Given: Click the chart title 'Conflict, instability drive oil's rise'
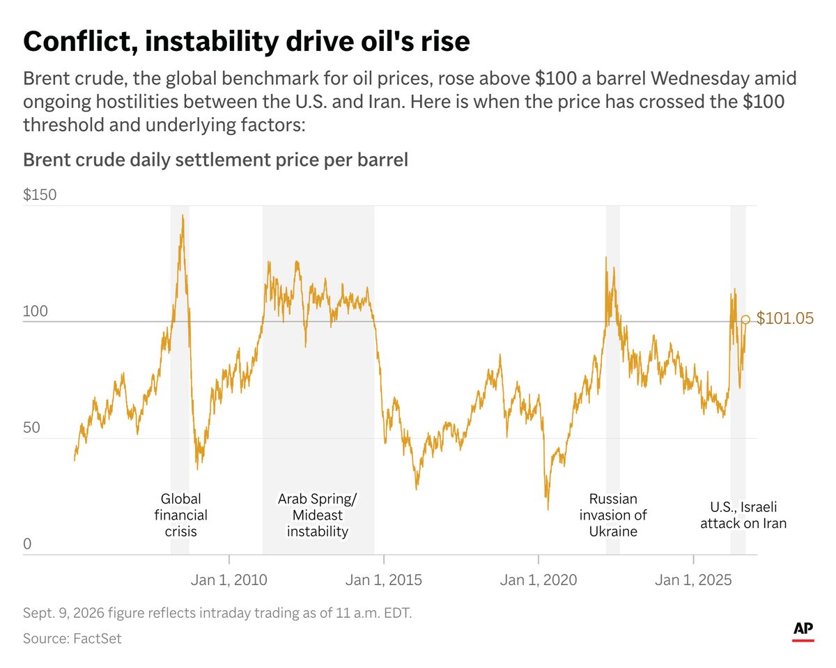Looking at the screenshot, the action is point(247,41).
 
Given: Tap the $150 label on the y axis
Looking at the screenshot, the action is point(40,194).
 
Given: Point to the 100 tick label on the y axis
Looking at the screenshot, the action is point(36,311).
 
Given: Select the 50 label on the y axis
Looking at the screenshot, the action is point(31,428).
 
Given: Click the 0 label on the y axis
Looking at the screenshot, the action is point(27,544).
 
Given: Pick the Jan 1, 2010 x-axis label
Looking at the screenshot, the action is point(229,580).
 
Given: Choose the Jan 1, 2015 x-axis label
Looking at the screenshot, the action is point(383,580).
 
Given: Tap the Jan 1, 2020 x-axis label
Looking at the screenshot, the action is point(539,580).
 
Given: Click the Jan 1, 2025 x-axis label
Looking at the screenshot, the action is point(693,580).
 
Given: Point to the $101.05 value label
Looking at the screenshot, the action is point(784,318).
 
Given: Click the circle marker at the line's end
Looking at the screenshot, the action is point(745,320).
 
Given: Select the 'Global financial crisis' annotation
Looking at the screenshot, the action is point(180,515).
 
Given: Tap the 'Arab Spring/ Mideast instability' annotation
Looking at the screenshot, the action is point(318,515).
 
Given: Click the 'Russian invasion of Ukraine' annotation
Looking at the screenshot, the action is point(613,515).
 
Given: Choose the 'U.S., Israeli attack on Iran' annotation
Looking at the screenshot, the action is point(743,515).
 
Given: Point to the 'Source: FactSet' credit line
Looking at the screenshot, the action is point(72,639).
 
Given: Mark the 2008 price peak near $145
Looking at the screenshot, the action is point(183,215).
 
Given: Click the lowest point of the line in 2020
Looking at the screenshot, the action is point(548,509).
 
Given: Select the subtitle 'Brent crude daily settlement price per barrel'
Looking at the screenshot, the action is point(215,160).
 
